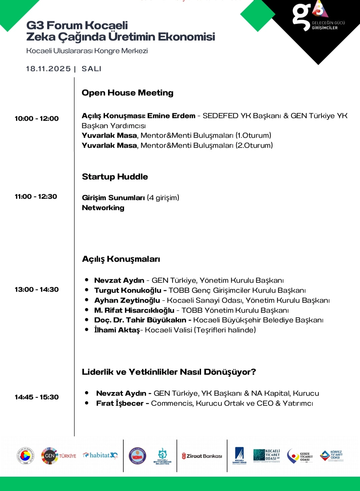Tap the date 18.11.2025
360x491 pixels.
tap(48, 69)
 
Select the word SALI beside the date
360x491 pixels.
tap(91, 69)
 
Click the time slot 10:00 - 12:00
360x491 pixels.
tap(37, 119)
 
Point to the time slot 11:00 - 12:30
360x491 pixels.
tap(36, 197)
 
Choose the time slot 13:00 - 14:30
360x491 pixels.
tap(37, 289)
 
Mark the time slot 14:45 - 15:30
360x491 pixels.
tap(37, 397)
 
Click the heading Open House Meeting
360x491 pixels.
tap(128, 93)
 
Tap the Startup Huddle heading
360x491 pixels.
tap(115, 177)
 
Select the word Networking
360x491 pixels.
tap(103, 208)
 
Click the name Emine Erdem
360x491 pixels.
tap(171, 116)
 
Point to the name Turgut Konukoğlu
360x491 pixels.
tap(128, 290)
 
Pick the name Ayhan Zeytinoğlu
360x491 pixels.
tap(127, 300)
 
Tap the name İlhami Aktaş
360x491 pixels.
tap(117, 330)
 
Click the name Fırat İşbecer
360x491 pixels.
tap(120, 403)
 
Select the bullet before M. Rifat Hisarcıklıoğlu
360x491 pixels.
tap(87, 310)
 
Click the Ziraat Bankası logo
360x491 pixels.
tap(202, 456)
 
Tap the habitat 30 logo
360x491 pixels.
tap(100, 455)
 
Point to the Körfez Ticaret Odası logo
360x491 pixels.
tap(332, 456)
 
